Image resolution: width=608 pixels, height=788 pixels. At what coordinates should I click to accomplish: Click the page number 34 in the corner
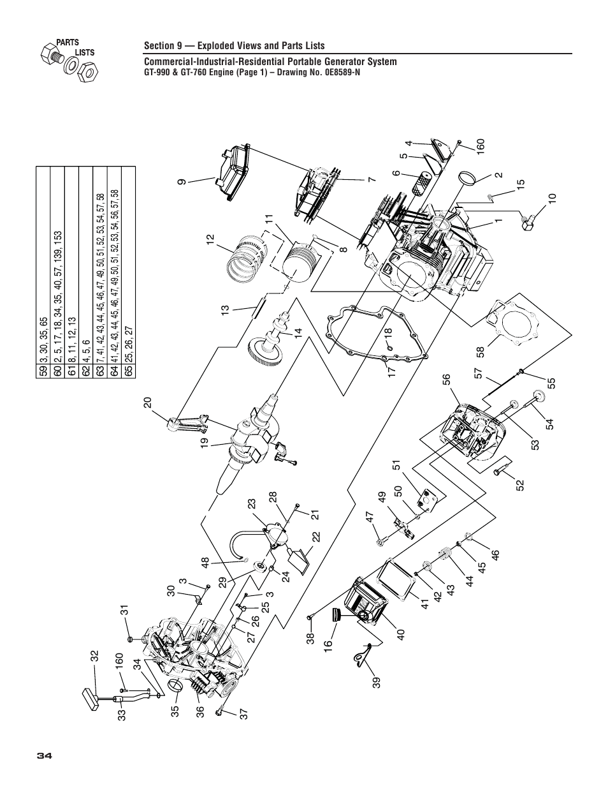pos(44,755)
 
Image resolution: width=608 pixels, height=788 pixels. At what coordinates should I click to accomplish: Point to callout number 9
pos(182,181)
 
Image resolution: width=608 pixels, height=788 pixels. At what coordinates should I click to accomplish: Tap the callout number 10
pos(553,198)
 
